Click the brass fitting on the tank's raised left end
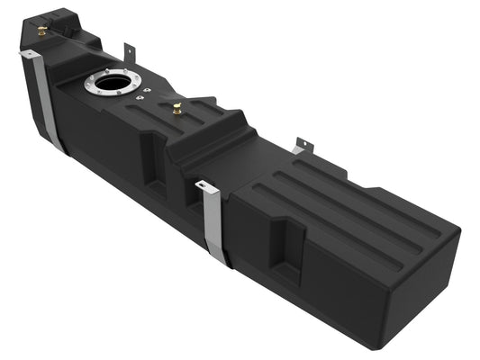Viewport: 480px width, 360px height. click(x=42, y=31)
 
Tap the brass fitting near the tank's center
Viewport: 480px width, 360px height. click(x=177, y=109)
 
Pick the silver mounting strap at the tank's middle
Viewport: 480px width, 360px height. click(x=214, y=225)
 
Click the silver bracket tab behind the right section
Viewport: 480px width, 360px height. click(x=301, y=146)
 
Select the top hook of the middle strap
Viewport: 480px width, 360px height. click(x=204, y=186)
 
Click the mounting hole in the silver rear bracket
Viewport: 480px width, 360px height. click(x=302, y=144)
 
